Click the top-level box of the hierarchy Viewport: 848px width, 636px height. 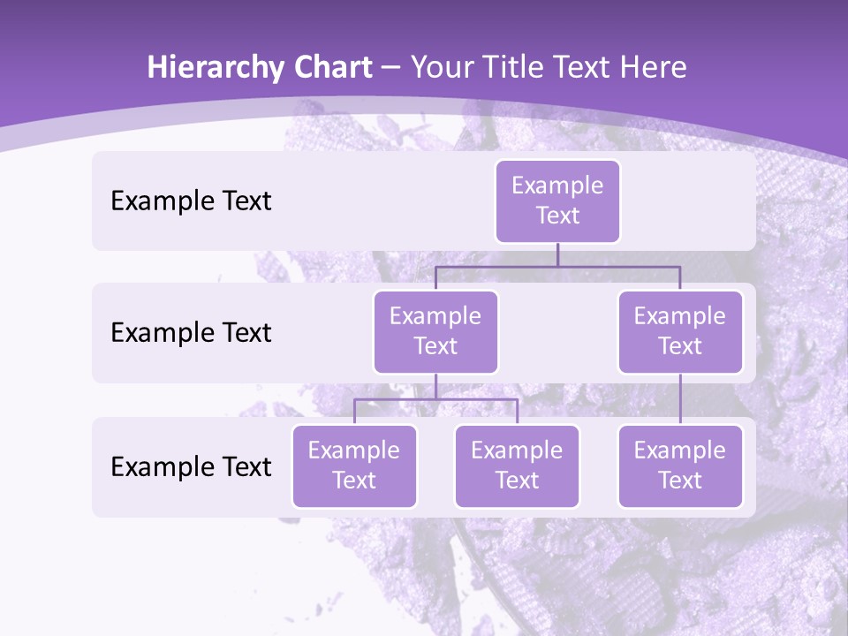coord(557,201)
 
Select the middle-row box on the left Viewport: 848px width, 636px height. coord(435,331)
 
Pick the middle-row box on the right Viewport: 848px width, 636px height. coord(680,331)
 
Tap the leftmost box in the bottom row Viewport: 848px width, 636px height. coord(354,466)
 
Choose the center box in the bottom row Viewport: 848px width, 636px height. coord(517,466)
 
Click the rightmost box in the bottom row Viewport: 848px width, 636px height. coord(680,466)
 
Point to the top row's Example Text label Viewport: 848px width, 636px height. coord(191,201)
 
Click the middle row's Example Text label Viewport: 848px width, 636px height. coord(191,333)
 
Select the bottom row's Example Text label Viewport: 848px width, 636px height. coord(191,466)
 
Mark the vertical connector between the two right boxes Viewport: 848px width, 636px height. coord(680,399)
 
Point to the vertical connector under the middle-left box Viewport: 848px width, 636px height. coord(435,386)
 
